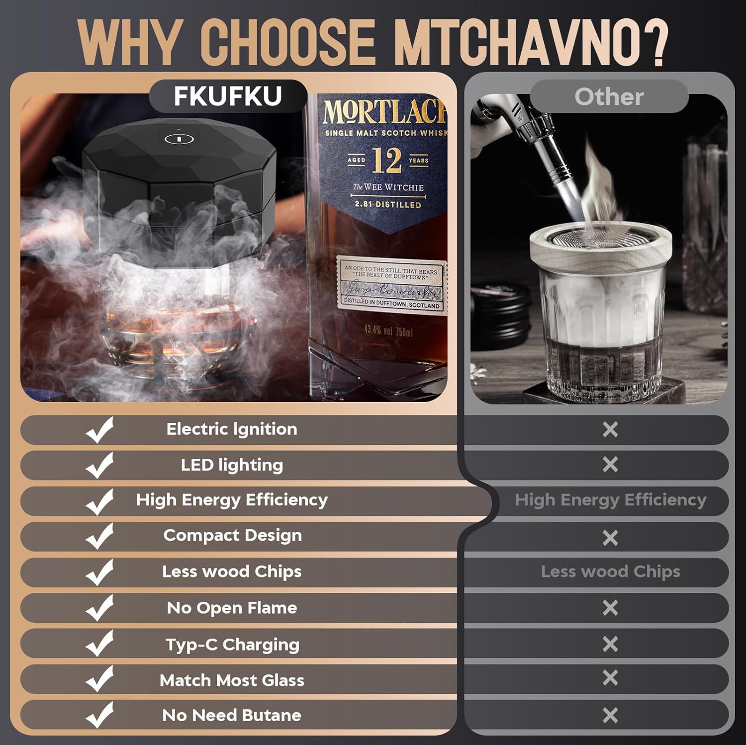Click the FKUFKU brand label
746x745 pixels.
pyautogui.click(x=228, y=96)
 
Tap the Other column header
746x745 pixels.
pyautogui.click(x=609, y=96)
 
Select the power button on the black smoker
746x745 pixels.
pyautogui.click(x=179, y=139)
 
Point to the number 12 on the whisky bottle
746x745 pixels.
pyautogui.click(x=387, y=160)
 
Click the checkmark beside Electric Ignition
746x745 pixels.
pyautogui.click(x=100, y=429)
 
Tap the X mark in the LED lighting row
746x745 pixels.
pyautogui.click(x=610, y=465)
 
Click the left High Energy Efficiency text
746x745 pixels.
pyautogui.click(x=232, y=500)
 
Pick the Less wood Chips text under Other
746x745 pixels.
pyautogui.click(x=610, y=572)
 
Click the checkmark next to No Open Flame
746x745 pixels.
pyautogui.click(x=100, y=608)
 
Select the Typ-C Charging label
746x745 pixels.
pyautogui.click(x=232, y=644)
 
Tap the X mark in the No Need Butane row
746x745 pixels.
pyautogui.click(x=610, y=715)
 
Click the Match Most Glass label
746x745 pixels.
pyautogui.click(x=232, y=680)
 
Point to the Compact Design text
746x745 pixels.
pyautogui.click(x=232, y=535)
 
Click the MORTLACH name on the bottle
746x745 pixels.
pyautogui.click(x=383, y=112)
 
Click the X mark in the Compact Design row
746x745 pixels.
pyautogui.click(x=610, y=537)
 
